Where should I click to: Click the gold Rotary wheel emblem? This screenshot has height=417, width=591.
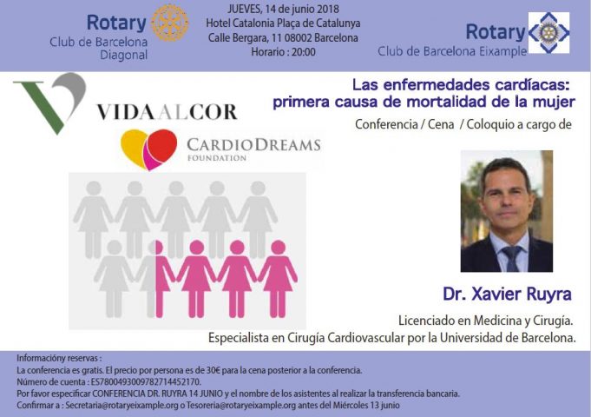169,23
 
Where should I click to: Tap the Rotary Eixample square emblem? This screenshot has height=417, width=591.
548,32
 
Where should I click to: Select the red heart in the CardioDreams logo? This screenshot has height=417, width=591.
162,146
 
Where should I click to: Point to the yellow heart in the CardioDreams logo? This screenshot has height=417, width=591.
134,148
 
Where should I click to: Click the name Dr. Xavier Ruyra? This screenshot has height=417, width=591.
507,294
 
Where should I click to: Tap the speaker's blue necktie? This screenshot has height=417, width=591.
513,258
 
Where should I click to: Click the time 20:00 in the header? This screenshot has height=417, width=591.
304,52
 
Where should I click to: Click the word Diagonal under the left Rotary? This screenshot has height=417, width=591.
123,55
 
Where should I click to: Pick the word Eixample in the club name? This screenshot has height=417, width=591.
502,51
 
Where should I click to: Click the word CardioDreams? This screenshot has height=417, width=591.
253,145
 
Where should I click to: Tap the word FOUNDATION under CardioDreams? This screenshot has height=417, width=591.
217,158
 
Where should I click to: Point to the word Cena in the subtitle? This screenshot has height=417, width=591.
441,124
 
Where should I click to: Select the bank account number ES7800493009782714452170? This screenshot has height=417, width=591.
146,382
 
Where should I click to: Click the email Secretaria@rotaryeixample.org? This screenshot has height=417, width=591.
121,406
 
